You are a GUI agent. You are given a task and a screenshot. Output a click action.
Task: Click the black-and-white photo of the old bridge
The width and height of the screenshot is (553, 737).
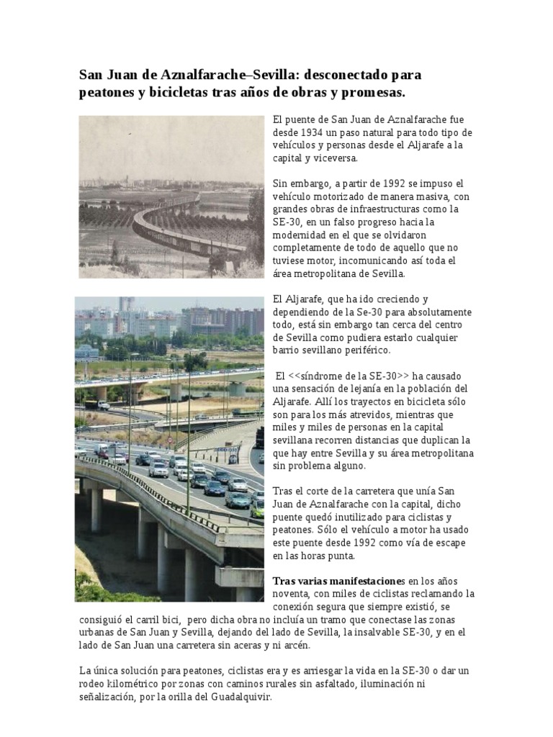pos(171,196)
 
